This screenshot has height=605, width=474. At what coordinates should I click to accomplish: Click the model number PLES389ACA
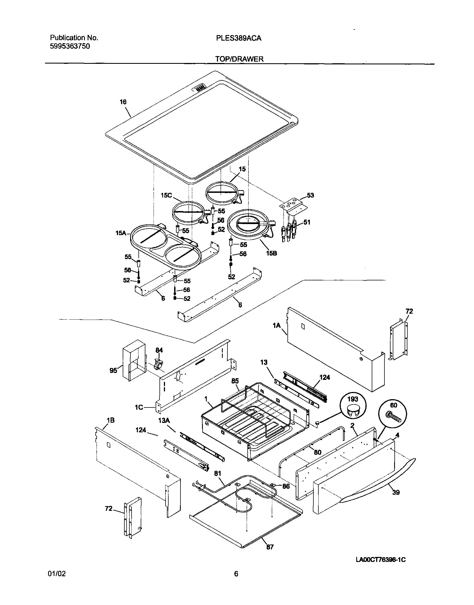(x=239, y=38)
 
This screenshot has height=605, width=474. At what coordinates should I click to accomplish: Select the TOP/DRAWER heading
(x=239, y=59)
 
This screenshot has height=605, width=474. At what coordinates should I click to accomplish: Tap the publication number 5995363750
(x=70, y=46)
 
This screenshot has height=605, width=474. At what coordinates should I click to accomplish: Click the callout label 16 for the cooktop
(x=123, y=102)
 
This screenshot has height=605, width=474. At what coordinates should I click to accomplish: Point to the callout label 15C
(x=166, y=195)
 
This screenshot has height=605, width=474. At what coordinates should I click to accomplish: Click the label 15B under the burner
(x=272, y=253)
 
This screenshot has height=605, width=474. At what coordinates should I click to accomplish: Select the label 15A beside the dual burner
(x=121, y=233)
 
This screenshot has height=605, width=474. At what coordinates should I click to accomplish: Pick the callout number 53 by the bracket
(x=310, y=195)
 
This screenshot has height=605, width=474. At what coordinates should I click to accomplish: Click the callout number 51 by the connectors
(x=307, y=222)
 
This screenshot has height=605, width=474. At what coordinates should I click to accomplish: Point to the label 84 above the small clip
(x=159, y=350)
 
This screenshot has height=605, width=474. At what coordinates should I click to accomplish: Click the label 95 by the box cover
(x=113, y=370)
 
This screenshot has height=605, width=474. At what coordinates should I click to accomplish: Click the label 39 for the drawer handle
(x=396, y=492)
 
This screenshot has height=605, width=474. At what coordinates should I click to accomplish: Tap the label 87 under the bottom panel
(x=270, y=547)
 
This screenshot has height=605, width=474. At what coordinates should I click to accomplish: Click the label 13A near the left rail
(x=164, y=420)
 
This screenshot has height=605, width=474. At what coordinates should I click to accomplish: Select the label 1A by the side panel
(x=277, y=326)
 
